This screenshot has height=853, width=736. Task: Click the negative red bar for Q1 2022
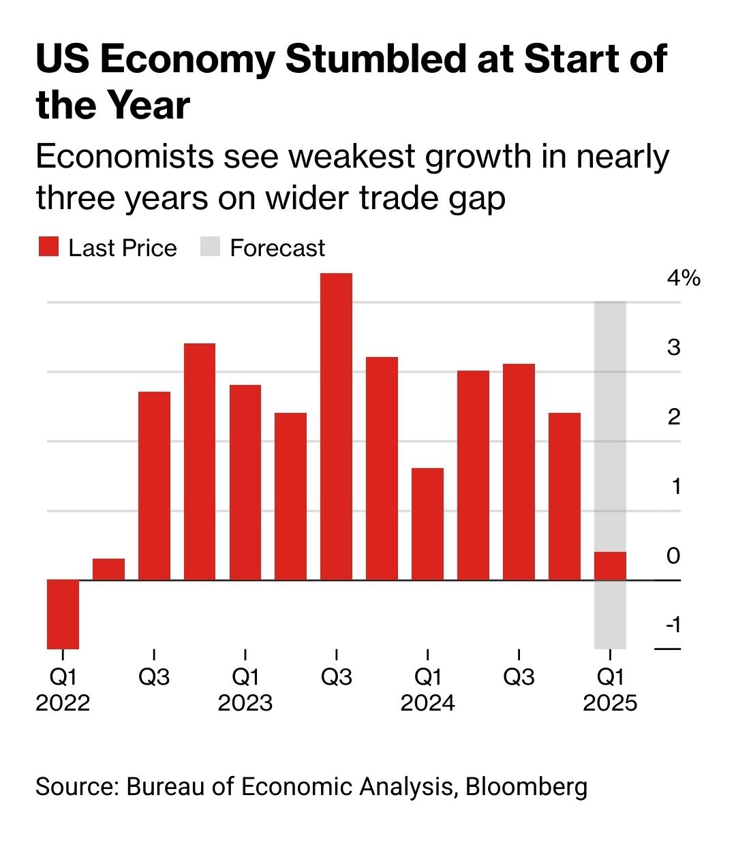point(63,614)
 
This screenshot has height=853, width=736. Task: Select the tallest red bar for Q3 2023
point(336,427)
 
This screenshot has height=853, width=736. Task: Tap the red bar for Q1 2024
point(427,524)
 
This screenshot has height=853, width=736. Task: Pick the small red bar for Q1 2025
point(610,565)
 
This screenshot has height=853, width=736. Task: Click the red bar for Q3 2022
point(154,486)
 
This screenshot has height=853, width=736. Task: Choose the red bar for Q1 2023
point(245,482)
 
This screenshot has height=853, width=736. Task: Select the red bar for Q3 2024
point(519,472)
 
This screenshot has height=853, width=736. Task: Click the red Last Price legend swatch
point(48,247)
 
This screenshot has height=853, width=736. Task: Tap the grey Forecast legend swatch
point(210,247)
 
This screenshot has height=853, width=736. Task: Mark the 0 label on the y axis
point(673,555)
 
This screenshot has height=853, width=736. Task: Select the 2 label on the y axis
point(674,416)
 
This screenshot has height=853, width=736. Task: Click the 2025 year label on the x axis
point(610,702)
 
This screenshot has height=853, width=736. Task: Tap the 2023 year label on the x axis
point(245,702)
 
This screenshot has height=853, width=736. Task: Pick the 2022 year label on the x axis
point(63,702)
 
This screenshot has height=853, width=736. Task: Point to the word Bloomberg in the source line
point(526,786)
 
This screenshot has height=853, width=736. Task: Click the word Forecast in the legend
point(277,248)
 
